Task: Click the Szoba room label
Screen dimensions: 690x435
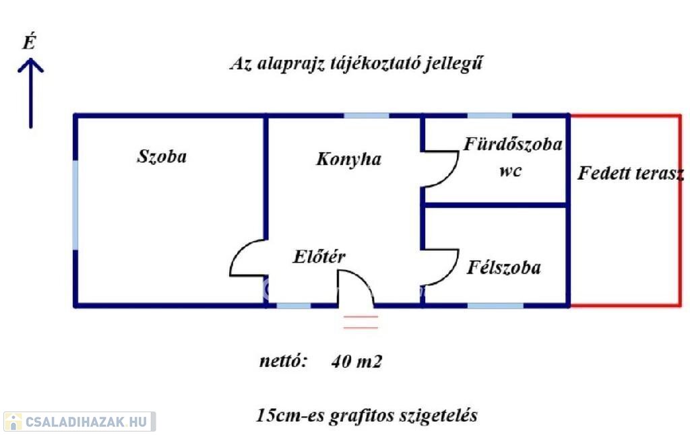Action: [x=162, y=157]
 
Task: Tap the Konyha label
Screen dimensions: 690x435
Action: [x=348, y=159]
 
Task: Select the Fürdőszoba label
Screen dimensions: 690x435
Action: [x=513, y=144]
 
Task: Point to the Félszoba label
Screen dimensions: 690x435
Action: [x=504, y=267]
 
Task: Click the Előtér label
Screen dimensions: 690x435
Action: [x=319, y=257]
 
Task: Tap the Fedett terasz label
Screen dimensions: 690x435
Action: [x=631, y=173]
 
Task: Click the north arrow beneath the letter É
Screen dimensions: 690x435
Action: [x=31, y=94]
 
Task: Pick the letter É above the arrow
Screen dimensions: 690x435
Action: [x=29, y=42]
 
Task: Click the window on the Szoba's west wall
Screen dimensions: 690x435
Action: [x=75, y=205]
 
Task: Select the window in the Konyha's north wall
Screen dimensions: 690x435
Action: [x=366, y=116]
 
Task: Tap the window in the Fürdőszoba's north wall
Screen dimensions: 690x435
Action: [x=489, y=116]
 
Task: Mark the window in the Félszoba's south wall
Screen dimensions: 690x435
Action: [x=495, y=305]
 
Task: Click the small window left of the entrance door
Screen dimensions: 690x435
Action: [x=294, y=305]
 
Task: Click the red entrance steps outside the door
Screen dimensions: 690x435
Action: [x=361, y=322]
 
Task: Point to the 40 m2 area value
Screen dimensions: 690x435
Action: [x=356, y=361]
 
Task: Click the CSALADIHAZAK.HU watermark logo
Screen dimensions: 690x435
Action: [x=80, y=422]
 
